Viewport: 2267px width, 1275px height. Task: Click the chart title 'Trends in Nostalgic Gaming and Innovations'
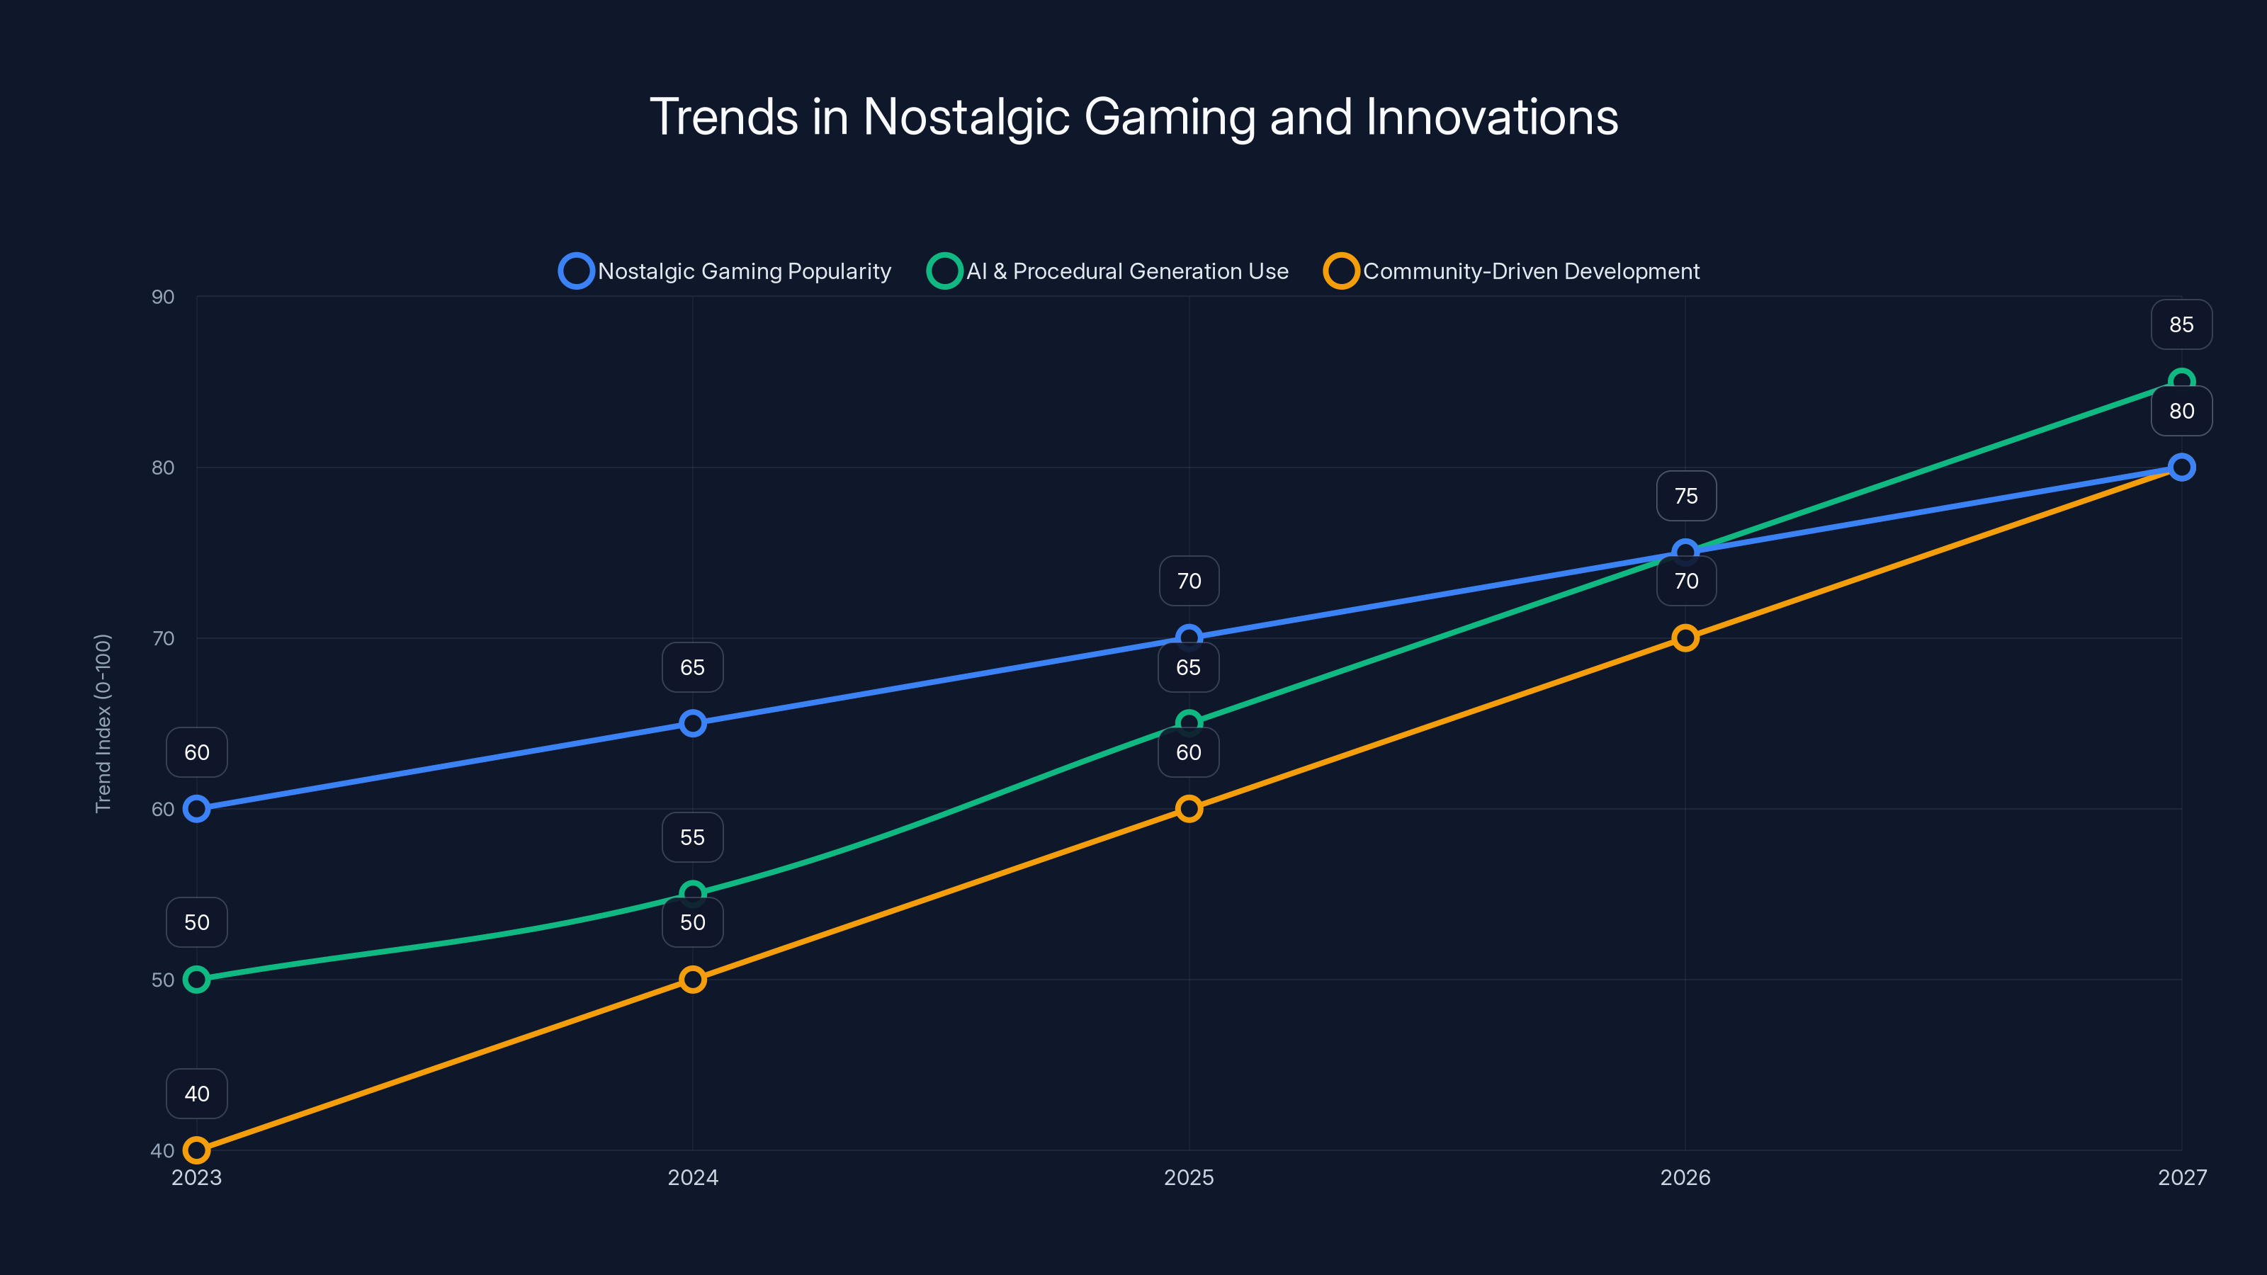1133,117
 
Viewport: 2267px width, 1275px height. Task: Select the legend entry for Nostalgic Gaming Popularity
725,271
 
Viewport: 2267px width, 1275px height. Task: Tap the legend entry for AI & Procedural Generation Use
1108,271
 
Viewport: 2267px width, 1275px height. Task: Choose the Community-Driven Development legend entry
1512,271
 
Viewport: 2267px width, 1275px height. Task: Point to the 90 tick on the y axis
163,297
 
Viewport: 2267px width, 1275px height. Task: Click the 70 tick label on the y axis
163,639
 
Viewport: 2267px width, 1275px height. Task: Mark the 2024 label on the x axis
693,1177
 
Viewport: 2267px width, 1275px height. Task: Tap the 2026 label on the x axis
1685,1177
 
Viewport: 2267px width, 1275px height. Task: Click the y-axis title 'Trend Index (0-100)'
103,722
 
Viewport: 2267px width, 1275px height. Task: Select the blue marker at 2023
196,809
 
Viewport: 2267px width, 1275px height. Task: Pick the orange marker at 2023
196,1150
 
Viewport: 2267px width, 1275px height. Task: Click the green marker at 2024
693,894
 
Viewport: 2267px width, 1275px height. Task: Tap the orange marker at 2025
1189,809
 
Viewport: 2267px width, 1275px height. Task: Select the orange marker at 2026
1685,638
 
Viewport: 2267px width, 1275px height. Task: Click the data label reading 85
2181,324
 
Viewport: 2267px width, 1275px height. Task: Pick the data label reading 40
196,1094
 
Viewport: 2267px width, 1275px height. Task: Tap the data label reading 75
1685,497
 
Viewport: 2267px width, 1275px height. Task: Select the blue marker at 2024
693,723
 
